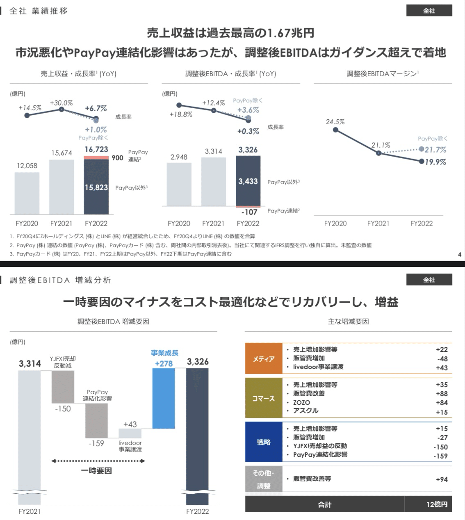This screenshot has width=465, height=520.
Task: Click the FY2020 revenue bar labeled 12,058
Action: pos(27,193)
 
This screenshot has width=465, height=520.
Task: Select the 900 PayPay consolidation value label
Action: pos(117,158)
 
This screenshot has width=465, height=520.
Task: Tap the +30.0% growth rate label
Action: pos(62,103)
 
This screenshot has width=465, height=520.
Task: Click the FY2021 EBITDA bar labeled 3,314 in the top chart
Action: pos(213,182)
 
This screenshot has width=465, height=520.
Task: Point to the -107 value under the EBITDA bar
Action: pos(249,212)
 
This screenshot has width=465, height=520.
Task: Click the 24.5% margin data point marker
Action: pos(335,130)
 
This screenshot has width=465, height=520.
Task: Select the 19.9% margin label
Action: pos(435,162)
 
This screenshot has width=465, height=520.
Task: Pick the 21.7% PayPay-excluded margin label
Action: pos(435,150)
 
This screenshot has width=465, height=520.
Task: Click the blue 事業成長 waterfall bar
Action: pos(164,398)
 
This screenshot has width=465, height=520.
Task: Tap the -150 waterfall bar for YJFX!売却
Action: pos(63,387)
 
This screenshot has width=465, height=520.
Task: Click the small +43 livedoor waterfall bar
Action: pos(130,433)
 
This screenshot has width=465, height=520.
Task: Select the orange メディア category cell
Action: pos(263,359)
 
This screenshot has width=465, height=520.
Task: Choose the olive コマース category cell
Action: pos(263,398)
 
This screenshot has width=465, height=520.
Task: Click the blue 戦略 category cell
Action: pos(263,442)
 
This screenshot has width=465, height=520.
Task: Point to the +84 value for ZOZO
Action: pos(442,403)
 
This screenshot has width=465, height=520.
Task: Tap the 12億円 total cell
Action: pos(437,504)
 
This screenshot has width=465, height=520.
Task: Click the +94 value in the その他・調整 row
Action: pos(442,479)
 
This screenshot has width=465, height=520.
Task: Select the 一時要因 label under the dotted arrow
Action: pos(96,471)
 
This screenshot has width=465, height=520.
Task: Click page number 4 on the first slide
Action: pos(460,254)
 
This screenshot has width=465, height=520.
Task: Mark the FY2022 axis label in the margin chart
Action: pos(422,224)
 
